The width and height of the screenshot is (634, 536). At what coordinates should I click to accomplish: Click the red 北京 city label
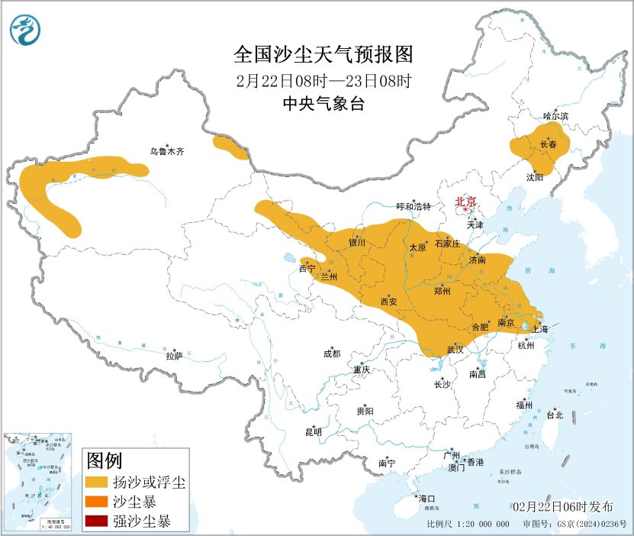tap(465, 202)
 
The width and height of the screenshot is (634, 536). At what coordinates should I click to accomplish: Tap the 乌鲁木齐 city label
tap(166, 152)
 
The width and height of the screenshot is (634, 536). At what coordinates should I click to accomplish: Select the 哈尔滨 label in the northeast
tap(555, 116)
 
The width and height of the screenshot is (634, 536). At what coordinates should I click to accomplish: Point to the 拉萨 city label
tap(174, 356)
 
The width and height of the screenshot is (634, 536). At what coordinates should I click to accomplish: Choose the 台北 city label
tap(554, 415)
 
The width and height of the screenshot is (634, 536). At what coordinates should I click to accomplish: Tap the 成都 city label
tap(332, 354)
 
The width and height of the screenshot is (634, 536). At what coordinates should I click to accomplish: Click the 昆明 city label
tap(314, 432)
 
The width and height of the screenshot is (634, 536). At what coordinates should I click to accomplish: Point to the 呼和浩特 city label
tap(414, 207)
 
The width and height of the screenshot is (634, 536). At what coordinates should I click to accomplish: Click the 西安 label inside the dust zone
tap(388, 302)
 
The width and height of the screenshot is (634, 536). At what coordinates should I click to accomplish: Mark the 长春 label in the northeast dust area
tap(548, 144)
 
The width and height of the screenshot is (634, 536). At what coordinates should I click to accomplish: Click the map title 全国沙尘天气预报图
tap(323, 56)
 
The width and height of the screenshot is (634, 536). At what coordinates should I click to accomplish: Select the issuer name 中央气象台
tap(323, 105)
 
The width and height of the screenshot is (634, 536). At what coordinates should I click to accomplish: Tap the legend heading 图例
tap(105, 461)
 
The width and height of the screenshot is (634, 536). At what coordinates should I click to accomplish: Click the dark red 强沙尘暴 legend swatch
tap(96, 522)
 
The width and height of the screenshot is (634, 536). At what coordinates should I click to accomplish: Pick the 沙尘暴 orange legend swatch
tap(96, 502)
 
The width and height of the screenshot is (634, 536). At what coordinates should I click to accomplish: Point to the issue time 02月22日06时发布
tap(562, 507)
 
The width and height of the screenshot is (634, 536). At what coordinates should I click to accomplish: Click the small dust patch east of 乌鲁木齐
tap(230, 147)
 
